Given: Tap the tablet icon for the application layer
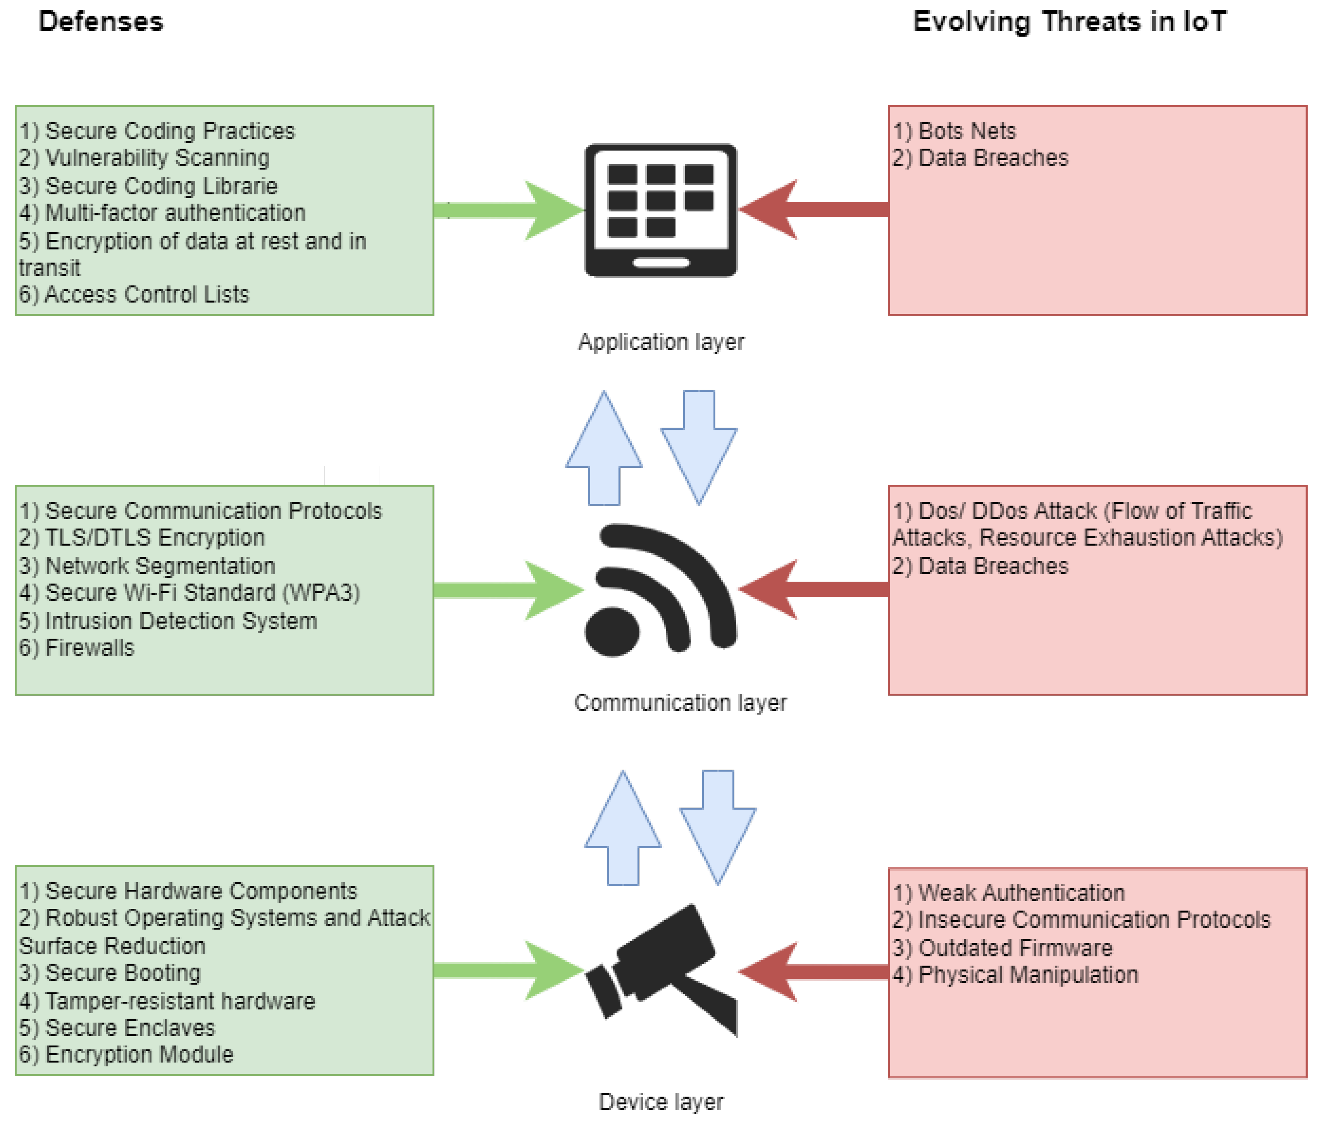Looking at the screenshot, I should coord(661,210).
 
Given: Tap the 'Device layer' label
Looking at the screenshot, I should coord(661,1101).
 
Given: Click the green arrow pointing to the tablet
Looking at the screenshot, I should coord(509,210).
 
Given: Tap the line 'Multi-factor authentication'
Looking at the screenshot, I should coord(162,213).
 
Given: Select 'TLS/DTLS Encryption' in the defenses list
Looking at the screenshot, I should coord(141,537).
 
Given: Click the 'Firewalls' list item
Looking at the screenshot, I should coord(76,647).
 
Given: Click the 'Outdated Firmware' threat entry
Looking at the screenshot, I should coord(1002,948).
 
